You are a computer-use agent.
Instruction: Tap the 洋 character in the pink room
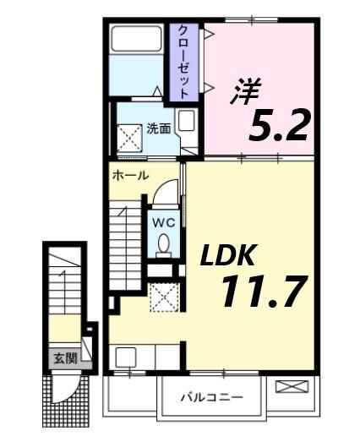point(245,91)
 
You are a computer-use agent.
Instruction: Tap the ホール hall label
point(131,176)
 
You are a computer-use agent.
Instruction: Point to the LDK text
point(223,254)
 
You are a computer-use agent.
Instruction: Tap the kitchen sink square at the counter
point(127,357)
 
